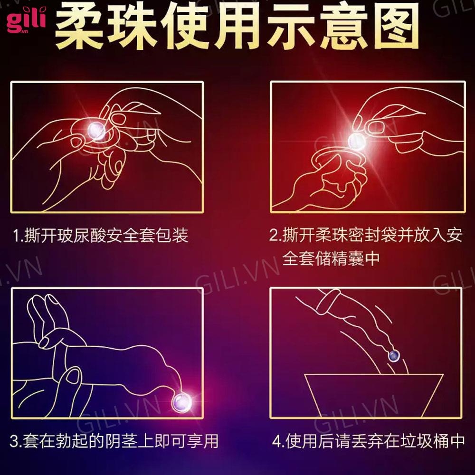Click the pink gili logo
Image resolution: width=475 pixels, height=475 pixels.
coord(26,20)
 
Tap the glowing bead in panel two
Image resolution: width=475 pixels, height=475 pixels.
coord(357,141)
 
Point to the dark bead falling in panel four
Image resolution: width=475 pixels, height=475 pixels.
coord(394,355)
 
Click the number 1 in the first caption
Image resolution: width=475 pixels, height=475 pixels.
coord(17,236)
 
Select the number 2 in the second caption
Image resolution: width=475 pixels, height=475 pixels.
coord(273,236)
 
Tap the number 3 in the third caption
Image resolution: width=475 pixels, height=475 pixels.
coord(14,441)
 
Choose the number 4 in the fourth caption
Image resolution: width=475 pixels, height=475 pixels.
coord(277,441)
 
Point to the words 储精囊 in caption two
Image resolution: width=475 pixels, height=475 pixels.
coord(339,258)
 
